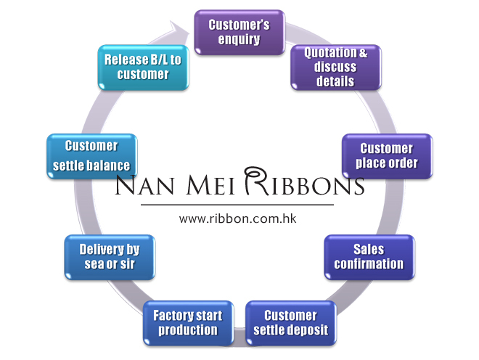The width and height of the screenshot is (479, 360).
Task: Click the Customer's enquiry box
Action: [239, 33]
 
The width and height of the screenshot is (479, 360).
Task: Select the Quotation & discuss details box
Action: [336, 67]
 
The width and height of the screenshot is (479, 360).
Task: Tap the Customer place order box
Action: [387, 156]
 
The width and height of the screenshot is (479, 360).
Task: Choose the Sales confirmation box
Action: [369, 258]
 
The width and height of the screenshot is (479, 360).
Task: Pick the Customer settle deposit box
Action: [291, 323]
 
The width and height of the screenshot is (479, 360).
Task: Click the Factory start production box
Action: [188, 323]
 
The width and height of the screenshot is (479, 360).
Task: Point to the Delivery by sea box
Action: [110, 258]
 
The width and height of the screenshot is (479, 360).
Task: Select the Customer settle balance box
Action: [92, 156]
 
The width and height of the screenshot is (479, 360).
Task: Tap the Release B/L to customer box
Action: [143, 67]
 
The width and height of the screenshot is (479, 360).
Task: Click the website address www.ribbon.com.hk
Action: [237, 218]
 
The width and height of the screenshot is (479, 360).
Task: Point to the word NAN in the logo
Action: [145, 184]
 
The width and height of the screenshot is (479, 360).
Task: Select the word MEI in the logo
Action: [210, 184]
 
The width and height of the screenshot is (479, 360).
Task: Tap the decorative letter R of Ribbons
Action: [256, 181]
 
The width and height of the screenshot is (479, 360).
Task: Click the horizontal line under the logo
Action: [237, 205]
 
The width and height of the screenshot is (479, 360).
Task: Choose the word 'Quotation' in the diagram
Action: [330, 53]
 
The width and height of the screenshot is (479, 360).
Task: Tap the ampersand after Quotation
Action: [363, 53]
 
